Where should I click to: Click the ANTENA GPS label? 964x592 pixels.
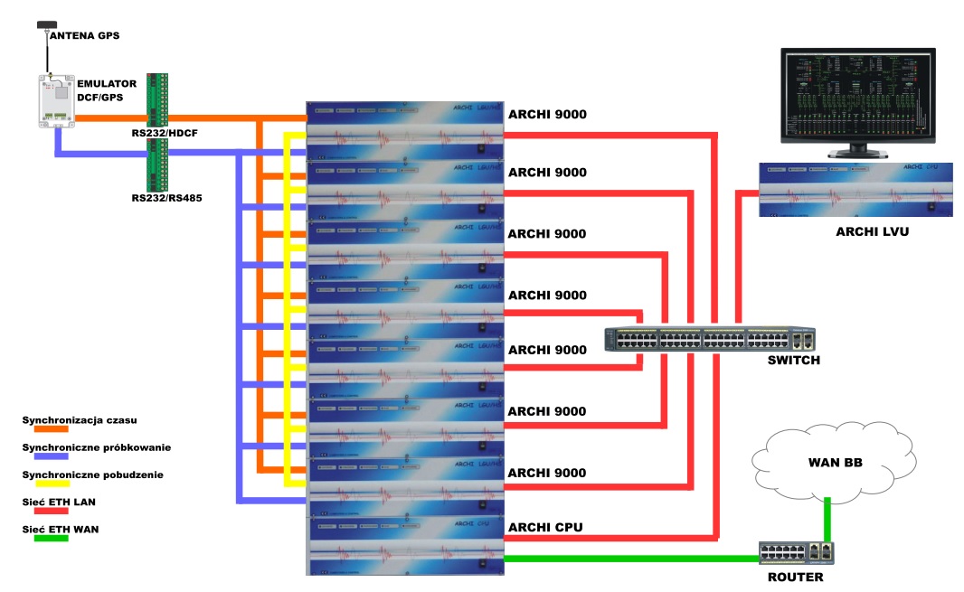point(84,36)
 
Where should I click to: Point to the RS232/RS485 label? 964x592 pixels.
point(166,196)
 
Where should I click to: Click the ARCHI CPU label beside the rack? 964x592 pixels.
point(545,527)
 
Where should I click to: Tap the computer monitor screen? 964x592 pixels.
point(857,96)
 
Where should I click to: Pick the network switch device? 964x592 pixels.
point(709,339)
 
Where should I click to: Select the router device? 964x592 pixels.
point(796,552)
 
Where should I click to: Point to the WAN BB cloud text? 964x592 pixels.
point(834,464)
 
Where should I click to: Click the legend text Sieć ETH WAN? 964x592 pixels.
point(60,529)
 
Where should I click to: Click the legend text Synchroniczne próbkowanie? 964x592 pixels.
point(96,446)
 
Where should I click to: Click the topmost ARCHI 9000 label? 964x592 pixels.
point(547,115)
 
